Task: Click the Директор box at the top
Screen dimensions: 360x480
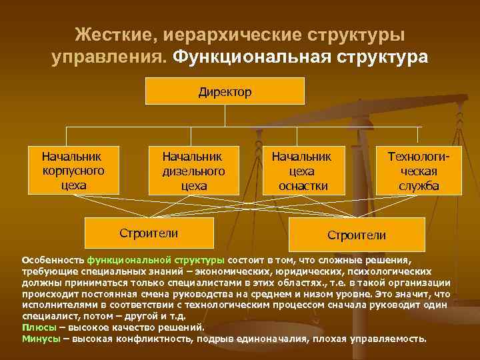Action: click(x=224, y=91)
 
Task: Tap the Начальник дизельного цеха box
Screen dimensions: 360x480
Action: click(x=193, y=171)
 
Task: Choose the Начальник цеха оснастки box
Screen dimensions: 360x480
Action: click(x=303, y=171)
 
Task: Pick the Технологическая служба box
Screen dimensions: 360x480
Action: click(x=419, y=171)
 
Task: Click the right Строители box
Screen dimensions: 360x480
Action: click(x=356, y=235)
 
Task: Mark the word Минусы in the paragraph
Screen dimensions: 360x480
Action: click(x=42, y=338)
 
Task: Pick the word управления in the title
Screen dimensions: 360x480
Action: click(x=109, y=58)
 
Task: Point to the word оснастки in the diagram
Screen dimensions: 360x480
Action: click(x=303, y=185)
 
